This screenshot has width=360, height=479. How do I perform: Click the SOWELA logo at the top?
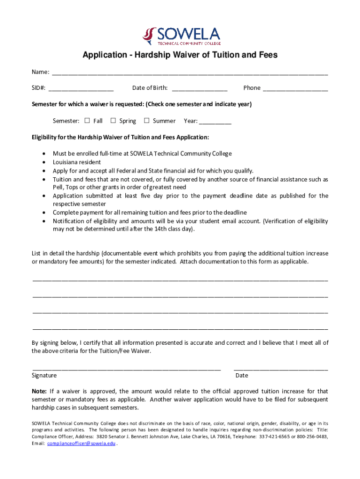click(181, 35)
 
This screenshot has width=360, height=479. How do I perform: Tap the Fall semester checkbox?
click(87, 121)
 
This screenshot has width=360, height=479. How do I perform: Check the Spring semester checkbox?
click(113, 121)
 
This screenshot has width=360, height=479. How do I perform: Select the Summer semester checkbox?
click(146, 121)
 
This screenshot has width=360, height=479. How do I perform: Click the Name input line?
click(189, 73)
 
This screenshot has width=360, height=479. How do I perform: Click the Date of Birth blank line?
click(200, 89)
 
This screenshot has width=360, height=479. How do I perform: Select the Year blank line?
click(215, 123)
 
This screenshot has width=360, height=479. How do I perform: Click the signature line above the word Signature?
click(126, 369)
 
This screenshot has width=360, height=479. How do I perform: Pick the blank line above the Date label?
click(281, 369)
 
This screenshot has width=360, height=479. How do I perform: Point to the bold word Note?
click(39, 391)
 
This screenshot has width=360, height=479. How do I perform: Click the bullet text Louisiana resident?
click(77, 162)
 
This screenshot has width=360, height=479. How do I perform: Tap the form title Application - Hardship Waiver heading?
click(180, 55)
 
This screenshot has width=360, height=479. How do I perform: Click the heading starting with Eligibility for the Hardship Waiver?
click(120, 138)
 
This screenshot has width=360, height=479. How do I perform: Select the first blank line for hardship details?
click(180, 279)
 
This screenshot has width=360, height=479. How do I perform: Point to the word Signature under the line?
click(44, 375)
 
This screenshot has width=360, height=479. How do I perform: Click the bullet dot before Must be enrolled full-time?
click(44, 153)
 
